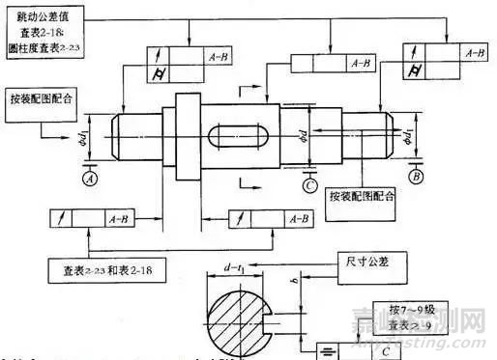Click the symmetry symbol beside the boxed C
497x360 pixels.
pyautogui.click(x=331, y=345)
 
